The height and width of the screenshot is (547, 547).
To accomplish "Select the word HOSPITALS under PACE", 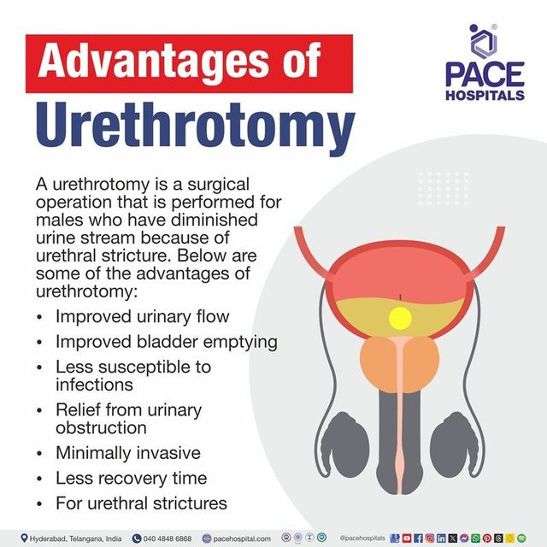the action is pyautogui.click(x=485, y=95).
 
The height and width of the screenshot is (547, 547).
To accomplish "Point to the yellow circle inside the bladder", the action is pyautogui.click(x=400, y=319).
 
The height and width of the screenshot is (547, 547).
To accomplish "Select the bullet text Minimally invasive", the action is pyautogui.click(x=128, y=453).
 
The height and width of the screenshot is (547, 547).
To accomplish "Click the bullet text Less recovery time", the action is pyautogui.click(x=131, y=478).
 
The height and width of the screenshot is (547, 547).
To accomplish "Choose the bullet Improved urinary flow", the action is pyautogui.click(x=143, y=316).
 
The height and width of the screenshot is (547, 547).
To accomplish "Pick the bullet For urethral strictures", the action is pyautogui.click(x=141, y=503).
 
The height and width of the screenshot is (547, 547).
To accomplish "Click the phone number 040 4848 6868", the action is pyautogui.click(x=168, y=538).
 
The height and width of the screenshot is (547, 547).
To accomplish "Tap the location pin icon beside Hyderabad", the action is pyautogui.click(x=24, y=538).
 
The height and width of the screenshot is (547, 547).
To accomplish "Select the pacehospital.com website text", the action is pyautogui.click(x=242, y=538).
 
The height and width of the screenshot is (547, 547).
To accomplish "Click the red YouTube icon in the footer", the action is pyautogui.click(x=407, y=538).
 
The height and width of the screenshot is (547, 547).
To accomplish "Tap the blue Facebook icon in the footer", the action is pyautogui.click(x=418, y=538).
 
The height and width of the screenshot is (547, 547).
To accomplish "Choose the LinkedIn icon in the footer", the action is pyautogui.click(x=441, y=538).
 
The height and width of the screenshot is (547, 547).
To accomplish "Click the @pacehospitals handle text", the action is pyautogui.click(x=362, y=538).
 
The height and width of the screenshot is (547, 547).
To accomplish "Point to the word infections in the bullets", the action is pyautogui.click(x=94, y=385).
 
